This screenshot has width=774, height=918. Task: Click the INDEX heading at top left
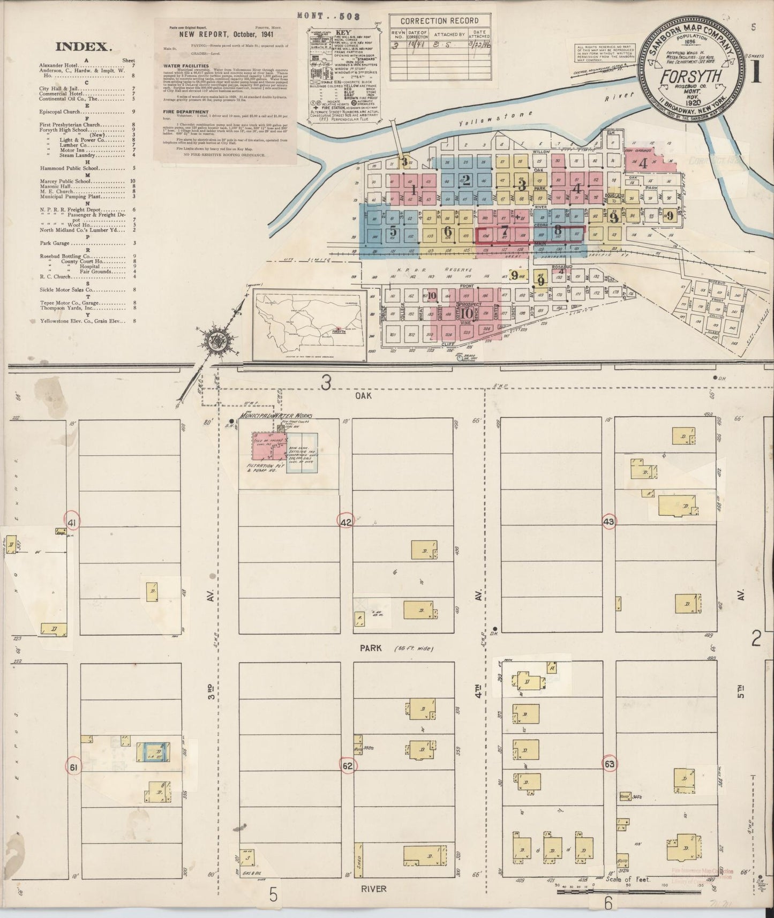click(84, 47)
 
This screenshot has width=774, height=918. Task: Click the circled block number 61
click(74, 767)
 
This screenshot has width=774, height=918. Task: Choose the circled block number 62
click(348, 766)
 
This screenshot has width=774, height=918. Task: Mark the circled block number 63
click(610, 763)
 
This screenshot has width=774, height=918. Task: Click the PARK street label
click(371, 648)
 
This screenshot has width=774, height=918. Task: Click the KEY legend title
click(344, 32)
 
